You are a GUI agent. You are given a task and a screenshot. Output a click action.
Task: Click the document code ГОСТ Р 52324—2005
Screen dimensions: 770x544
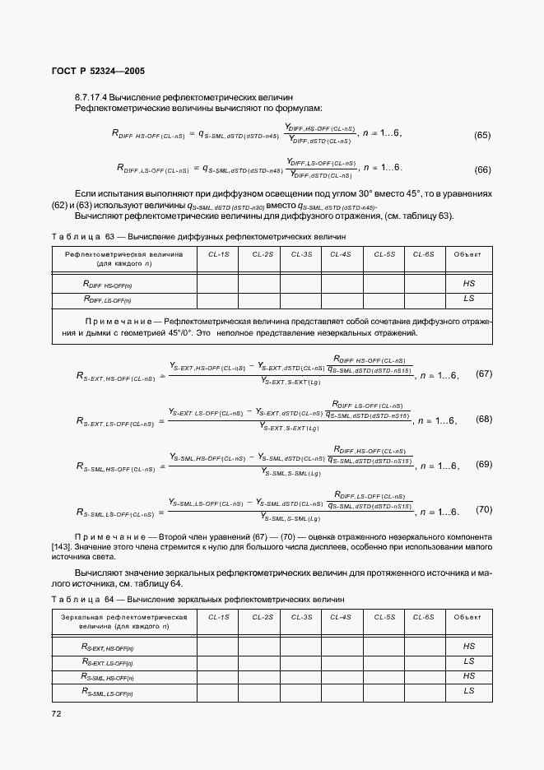[x=98, y=72]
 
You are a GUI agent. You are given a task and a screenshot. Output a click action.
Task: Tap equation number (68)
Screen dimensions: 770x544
[x=484, y=419]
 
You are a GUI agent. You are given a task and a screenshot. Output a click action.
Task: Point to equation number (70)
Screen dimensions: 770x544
[x=484, y=510]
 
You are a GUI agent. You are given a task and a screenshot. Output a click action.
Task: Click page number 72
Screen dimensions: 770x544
[x=57, y=713]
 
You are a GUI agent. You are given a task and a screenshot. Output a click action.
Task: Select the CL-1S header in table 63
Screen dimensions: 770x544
[x=219, y=255]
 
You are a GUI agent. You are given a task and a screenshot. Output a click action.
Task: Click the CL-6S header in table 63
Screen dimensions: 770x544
[x=423, y=255]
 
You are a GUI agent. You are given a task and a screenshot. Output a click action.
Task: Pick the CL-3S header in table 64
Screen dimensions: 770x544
[x=302, y=616]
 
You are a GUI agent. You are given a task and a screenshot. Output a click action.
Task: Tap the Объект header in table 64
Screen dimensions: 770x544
[x=469, y=616]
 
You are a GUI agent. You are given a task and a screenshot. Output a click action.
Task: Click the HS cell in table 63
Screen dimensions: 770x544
[x=469, y=283]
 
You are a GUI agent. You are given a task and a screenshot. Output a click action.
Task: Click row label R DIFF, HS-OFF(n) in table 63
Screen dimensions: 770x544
[x=108, y=284]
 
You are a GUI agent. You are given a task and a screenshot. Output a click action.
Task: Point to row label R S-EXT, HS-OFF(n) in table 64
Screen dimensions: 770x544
[x=108, y=647]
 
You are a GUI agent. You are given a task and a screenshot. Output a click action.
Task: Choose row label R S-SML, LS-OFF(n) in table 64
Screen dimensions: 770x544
[x=108, y=692]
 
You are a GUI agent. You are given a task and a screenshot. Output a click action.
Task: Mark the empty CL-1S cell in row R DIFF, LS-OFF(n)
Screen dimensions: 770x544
[x=217, y=299]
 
